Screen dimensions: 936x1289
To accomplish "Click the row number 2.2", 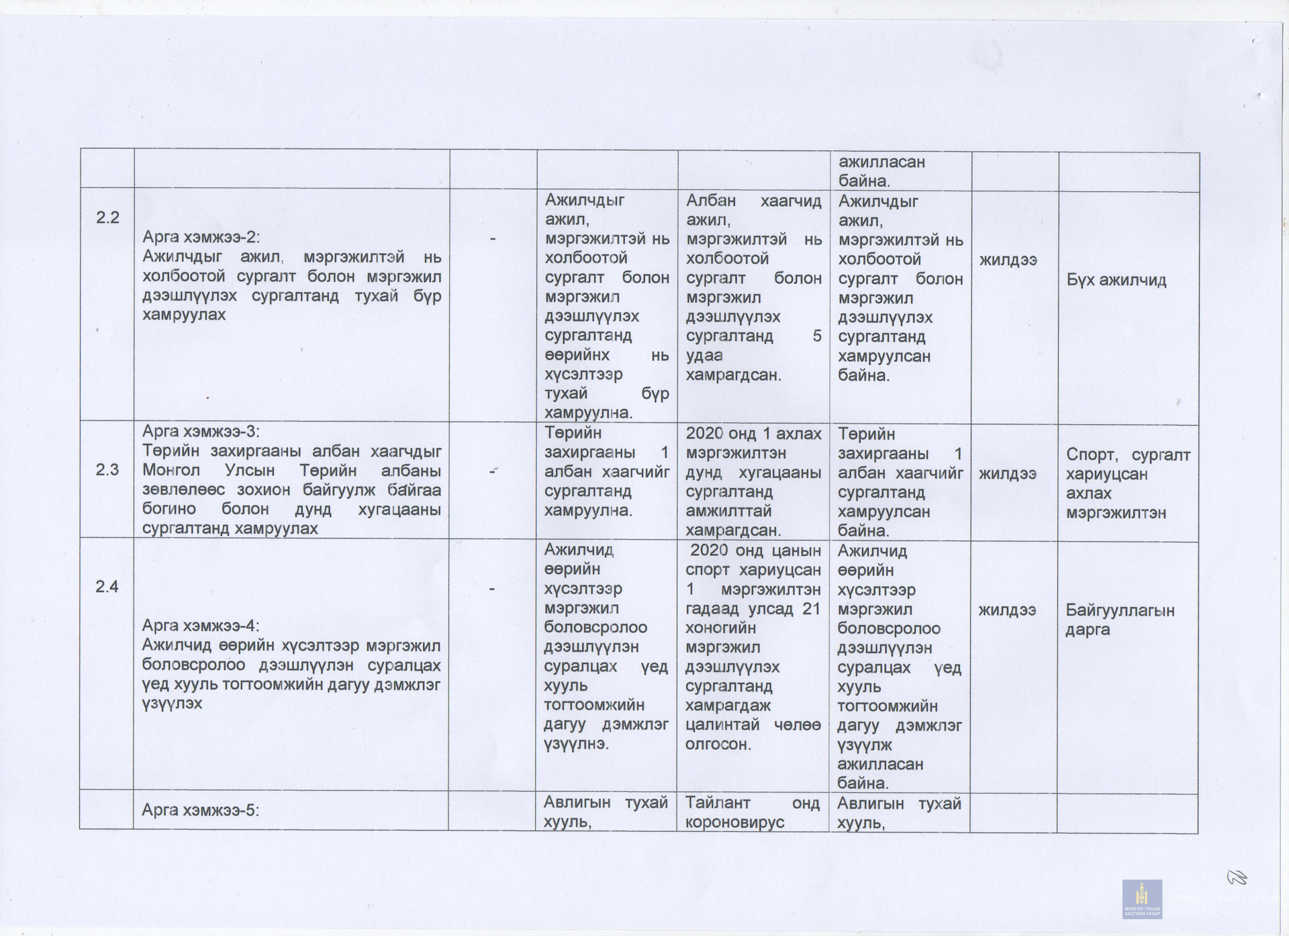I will [x=107, y=218].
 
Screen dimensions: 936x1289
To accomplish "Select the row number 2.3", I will [x=107, y=469].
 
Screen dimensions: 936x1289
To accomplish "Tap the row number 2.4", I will [x=107, y=587].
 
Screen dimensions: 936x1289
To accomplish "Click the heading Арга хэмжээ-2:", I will [x=201, y=237].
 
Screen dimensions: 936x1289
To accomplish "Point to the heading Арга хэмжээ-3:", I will [x=201, y=431].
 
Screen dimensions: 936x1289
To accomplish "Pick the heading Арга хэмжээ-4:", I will [x=200, y=626].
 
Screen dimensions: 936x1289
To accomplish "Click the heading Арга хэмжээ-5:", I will [x=200, y=810].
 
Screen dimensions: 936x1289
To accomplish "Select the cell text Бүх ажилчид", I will [x=1116, y=280].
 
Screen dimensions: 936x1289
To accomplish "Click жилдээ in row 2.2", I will [x=1008, y=260].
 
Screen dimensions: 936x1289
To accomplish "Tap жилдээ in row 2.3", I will [x=1008, y=473].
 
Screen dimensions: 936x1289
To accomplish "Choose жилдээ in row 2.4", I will [x=1007, y=610].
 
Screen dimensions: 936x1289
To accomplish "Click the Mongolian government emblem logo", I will [x=1142, y=898].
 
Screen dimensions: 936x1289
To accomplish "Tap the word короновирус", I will [x=734, y=823].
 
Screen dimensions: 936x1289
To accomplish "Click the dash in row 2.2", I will [x=493, y=238].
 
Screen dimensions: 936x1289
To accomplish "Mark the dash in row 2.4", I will [x=492, y=589].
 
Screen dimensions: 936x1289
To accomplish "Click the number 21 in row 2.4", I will [x=811, y=609].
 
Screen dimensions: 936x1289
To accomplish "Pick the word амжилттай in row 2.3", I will [x=728, y=511].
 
